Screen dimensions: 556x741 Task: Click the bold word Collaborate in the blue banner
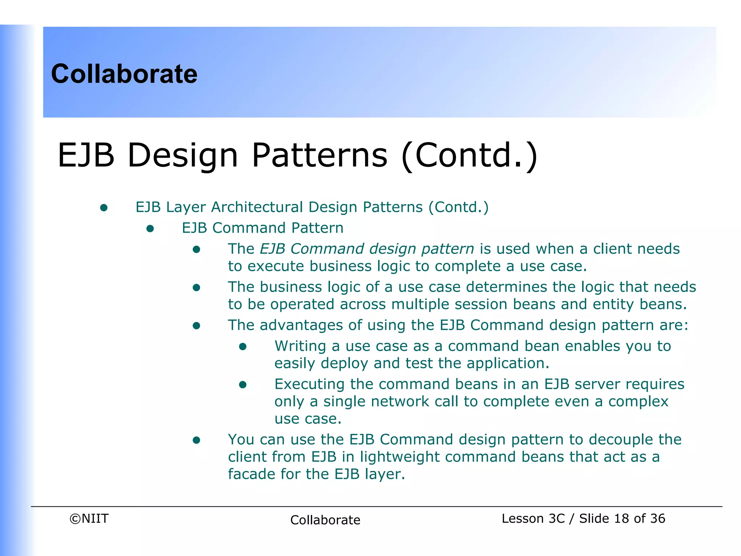point(124,74)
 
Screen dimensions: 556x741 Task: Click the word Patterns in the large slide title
point(319,155)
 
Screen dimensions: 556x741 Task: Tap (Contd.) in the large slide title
point(469,155)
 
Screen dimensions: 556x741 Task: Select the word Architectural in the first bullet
point(257,207)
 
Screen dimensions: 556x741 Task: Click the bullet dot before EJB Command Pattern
point(150,228)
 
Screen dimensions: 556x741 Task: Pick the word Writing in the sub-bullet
point(300,346)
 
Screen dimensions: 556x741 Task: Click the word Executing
point(309,384)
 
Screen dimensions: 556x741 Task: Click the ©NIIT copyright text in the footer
point(89,519)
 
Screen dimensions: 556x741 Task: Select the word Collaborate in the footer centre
point(325,520)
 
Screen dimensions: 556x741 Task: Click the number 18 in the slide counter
point(622,519)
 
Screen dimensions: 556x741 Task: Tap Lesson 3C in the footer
point(533,519)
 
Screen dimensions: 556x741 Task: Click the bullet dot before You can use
point(196,440)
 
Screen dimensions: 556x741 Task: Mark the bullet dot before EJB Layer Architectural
point(104,208)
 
